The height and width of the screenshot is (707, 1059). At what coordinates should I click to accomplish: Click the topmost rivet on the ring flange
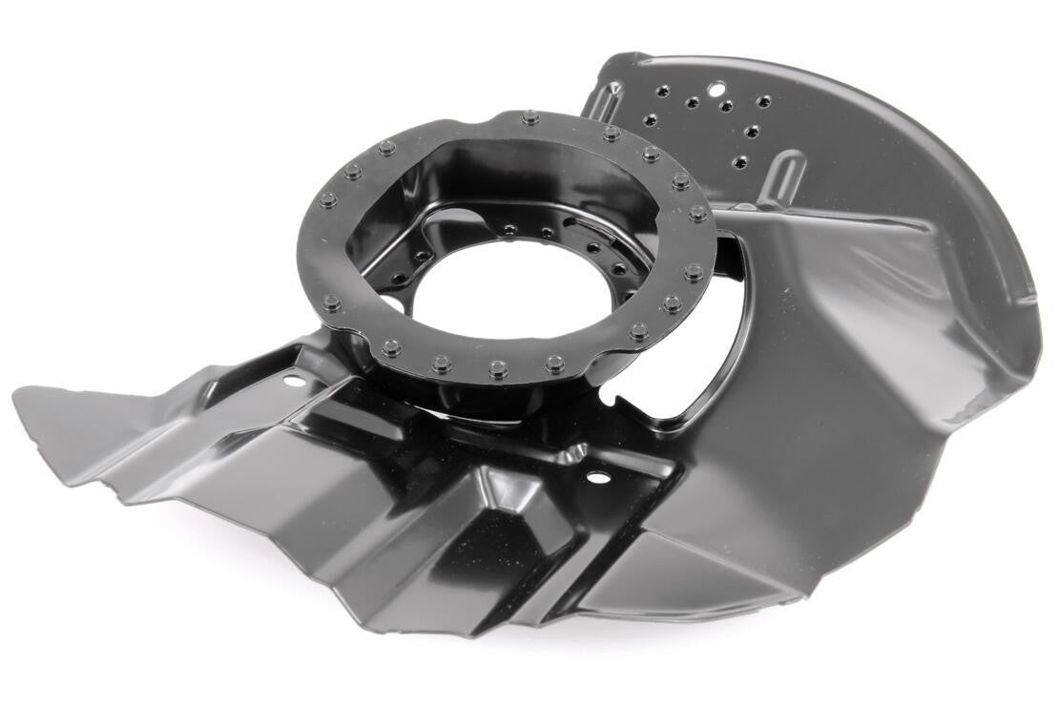(x=529, y=118)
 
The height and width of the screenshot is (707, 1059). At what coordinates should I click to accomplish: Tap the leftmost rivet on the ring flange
(x=328, y=200)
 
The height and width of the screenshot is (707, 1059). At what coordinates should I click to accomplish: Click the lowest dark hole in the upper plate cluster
(x=738, y=162)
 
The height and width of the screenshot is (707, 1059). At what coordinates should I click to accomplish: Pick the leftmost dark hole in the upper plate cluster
(x=650, y=121)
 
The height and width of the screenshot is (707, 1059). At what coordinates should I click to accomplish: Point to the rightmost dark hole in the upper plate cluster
(x=762, y=101)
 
